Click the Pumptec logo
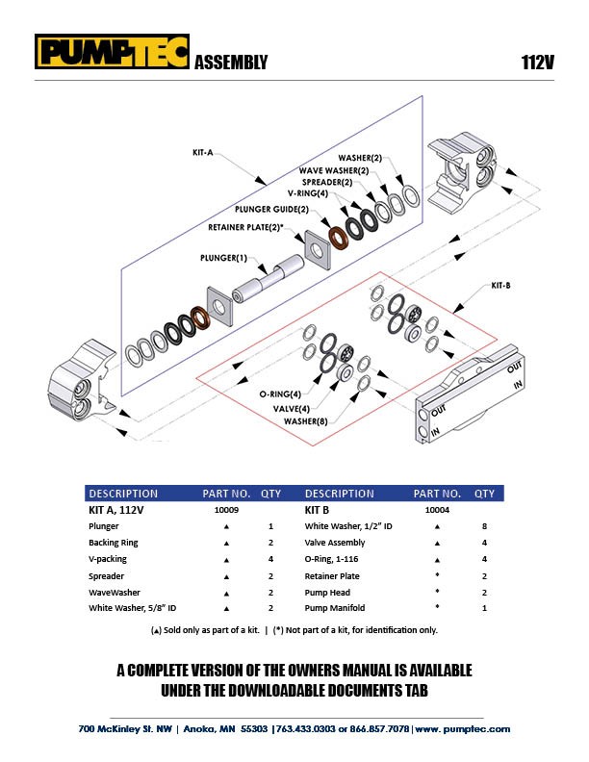click(112, 51)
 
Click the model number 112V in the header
click(537, 63)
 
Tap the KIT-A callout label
click(203, 153)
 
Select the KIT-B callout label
click(500, 285)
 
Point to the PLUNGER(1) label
click(223, 258)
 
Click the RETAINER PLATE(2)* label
click(245, 227)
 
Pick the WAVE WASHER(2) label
click(334, 170)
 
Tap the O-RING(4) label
click(280, 394)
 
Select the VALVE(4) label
click(291, 408)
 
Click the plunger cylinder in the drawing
click(268, 279)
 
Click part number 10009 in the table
click(226, 510)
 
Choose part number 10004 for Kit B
click(437, 510)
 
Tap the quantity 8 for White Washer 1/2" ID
click(484, 526)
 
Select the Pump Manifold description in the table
click(334, 608)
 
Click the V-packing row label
click(108, 559)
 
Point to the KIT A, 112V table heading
click(116, 510)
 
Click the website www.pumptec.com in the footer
click(463, 729)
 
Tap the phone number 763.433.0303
click(306, 729)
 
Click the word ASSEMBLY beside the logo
click(231, 63)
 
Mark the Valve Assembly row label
click(334, 543)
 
